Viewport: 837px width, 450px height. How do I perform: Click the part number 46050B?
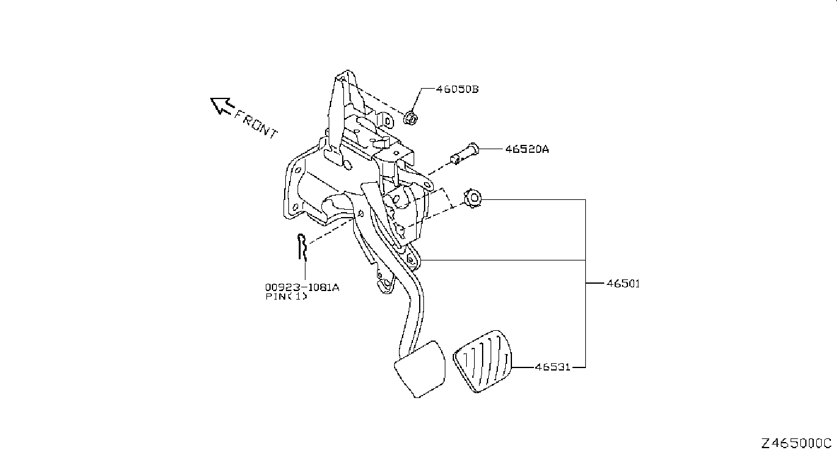[x=458, y=89]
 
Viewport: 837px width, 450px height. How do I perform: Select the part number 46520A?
[x=527, y=149]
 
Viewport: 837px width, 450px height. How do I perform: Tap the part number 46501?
[x=623, y=284]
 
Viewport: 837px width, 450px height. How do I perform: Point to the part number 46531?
[x=553, y=367]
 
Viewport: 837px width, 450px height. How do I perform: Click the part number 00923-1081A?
[x=302, y=287]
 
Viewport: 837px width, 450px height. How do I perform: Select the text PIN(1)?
[x=287, y=297]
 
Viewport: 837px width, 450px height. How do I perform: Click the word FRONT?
[x=256, y=124]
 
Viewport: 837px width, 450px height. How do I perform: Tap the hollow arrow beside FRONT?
[x=222, y=106]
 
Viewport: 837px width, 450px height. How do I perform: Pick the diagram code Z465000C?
[x=796, y=443]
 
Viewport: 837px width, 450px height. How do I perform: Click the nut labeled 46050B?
[x=411, y=118]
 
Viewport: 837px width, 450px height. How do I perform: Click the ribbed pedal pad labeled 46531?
[x=483, y=361]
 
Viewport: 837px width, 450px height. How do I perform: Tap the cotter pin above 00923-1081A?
[x=302, y=246]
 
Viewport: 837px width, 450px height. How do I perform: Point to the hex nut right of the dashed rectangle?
[x=472, y=198]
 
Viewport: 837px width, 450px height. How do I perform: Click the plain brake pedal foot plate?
[x=420, y=369]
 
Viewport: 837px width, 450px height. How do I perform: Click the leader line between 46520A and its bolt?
[x=491, y=149]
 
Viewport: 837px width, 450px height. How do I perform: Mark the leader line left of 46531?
[x=523, y=367]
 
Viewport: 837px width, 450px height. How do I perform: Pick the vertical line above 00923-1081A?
[x=305, y=271]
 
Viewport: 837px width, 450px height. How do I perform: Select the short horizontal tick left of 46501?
[x=594, y=283]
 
